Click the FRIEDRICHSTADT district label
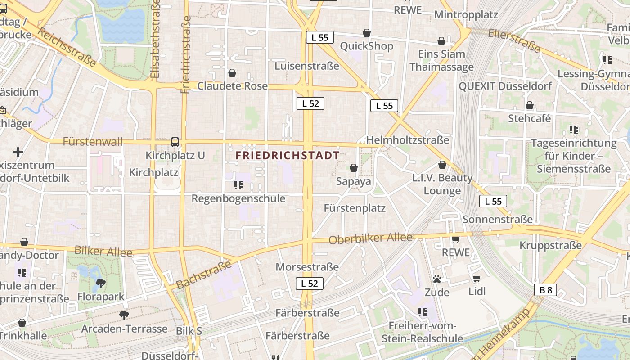coord(288,155)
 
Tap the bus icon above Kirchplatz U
coord(175,142)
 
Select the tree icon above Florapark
coord(101,283)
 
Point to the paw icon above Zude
coord(436,279)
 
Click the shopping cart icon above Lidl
coord(477,278)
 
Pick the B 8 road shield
coord(545,290)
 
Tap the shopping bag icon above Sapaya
coord(354,168)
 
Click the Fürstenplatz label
coord(355,208)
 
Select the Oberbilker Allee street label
coord(370,238)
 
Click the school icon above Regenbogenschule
coord(238,185)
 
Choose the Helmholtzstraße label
coord(408,140)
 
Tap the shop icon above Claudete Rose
coord(232,72)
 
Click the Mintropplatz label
coord(466,14)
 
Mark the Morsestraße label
coord(307,267)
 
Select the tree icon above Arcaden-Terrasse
coord(124,315)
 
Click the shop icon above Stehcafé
coord(530,105)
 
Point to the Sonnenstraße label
coord(498,220)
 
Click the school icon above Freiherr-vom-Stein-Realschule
coord(422,312)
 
